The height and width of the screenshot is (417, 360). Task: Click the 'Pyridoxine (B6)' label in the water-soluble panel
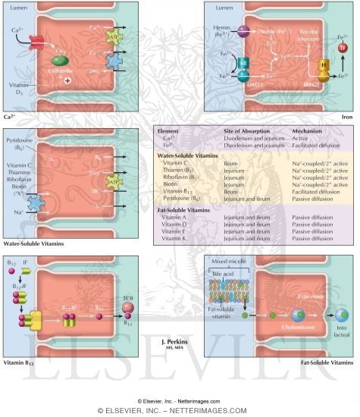(18, 145)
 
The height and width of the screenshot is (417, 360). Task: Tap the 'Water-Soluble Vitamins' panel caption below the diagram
(33, 244)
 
